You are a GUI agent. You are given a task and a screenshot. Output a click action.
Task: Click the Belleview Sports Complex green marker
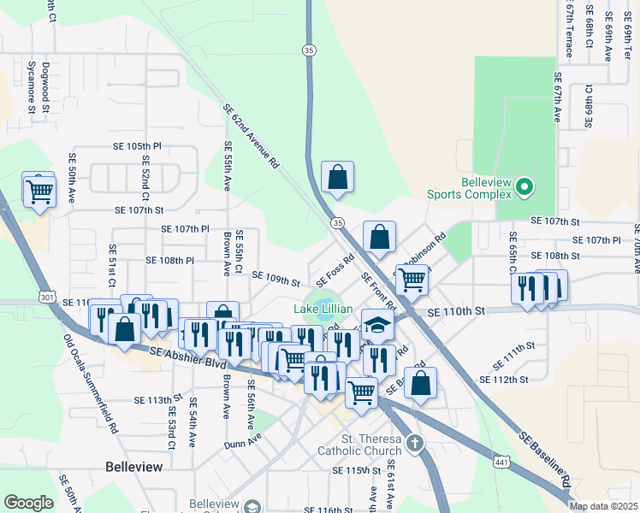pyautogui.click(x=526, y=186)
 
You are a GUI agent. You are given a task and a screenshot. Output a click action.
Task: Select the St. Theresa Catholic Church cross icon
pyautogui.click(x=415, y=443)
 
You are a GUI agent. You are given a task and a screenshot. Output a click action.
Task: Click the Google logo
pyautogui.click(x=28, y=502)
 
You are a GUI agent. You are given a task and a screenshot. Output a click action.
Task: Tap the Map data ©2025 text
pyautogui.click(x=603, y=506)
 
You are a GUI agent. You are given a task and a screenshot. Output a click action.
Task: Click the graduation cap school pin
pyautogui.click(x=377, y=325)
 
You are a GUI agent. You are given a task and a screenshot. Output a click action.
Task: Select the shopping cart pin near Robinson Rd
pyautogui.click(x=412, y=279)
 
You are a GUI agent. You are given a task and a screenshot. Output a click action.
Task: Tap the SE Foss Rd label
pyautogui.click(x=335, y=271)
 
